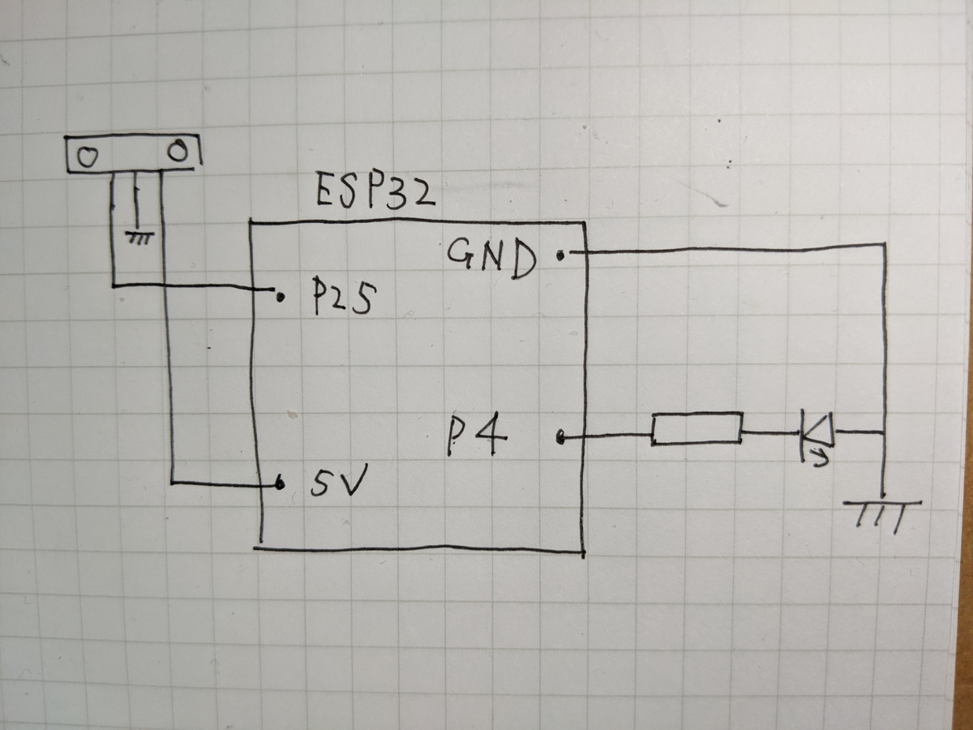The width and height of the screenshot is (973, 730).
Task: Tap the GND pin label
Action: [x=491, y=259]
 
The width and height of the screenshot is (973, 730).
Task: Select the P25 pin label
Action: [x=344, y=296]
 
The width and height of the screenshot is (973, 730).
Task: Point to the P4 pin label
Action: [x=477, y=435]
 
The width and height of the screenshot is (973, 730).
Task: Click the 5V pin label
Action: [x=339, y=480]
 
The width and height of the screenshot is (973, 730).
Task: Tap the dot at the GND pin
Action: [x=561, y=255]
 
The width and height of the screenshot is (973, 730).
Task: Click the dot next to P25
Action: [x=281, y=298]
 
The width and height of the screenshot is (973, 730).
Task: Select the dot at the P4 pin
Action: [x=560, y=438]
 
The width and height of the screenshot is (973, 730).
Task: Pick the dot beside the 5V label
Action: [x=280, y=483]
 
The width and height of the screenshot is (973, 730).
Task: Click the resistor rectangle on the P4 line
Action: [x=697, y=428]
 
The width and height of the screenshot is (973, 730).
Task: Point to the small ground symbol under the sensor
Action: [x=139, y=238]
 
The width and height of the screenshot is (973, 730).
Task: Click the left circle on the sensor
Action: [x=88, y=157]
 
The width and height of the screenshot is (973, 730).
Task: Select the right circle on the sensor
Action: [x=178, y=151]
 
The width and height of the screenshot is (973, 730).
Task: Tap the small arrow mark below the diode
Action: [x=820, y=458]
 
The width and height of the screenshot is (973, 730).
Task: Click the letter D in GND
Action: [x=523, y=261]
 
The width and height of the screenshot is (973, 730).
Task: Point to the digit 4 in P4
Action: [x=491, y=435]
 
